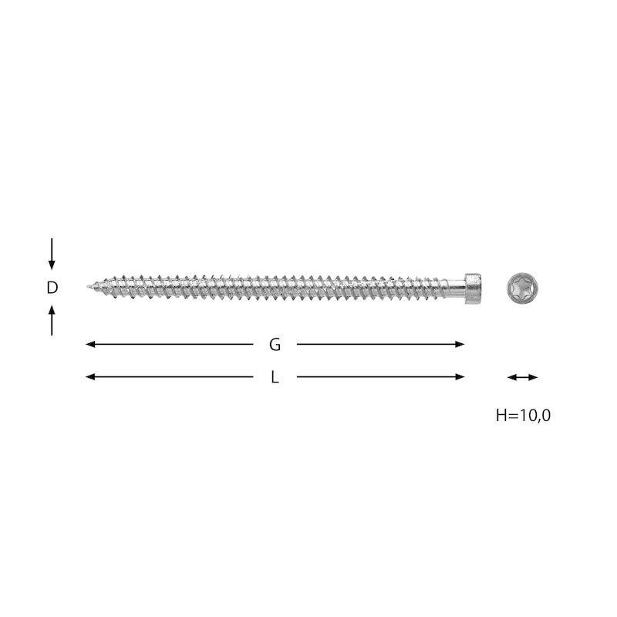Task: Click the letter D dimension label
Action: click(x=52, y=288)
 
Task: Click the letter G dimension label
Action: click(x=275, y=345)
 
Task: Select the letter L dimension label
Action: click(x=275, y=378)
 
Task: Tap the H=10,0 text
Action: click(x=523, y=415)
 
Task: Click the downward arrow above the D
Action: click(x=52, y=254)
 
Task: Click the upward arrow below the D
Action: click(x=52, y=320)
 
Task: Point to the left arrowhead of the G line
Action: click(x=90, y=344)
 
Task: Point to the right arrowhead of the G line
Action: click(x=460, y=344)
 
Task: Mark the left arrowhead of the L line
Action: click(x=90, y=377)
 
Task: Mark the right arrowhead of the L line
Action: click(x=460, y=377)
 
